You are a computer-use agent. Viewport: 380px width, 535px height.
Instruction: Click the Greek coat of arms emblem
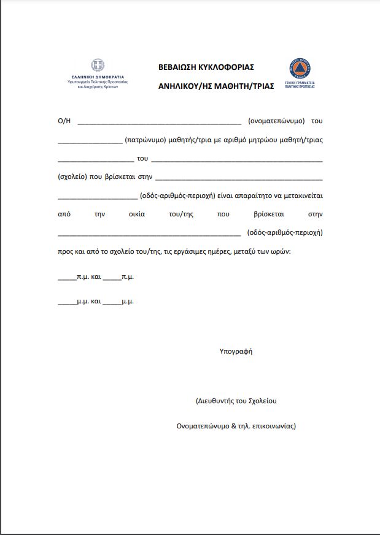98,65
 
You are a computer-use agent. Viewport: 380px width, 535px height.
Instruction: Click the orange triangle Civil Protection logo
300,67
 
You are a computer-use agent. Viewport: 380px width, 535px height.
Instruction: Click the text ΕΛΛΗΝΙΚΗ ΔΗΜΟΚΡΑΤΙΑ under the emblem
98,77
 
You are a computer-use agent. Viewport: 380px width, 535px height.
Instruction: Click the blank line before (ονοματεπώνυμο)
159,121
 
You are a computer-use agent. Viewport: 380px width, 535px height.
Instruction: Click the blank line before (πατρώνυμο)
90,140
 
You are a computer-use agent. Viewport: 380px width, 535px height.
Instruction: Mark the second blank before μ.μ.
112,302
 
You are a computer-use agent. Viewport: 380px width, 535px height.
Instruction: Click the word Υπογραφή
236,351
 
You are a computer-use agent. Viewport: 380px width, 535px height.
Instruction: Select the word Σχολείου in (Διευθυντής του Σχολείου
263,401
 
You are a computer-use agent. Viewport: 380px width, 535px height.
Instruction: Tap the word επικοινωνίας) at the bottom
274,426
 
